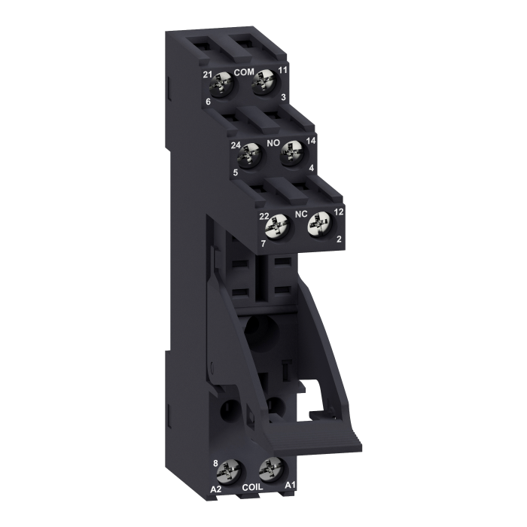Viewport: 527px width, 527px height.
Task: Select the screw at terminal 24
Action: pos(250,156)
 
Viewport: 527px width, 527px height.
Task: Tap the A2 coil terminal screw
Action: pos(229,473)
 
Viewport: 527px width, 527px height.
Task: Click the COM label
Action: pos(244,72)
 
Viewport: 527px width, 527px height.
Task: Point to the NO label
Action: pos(273,143)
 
